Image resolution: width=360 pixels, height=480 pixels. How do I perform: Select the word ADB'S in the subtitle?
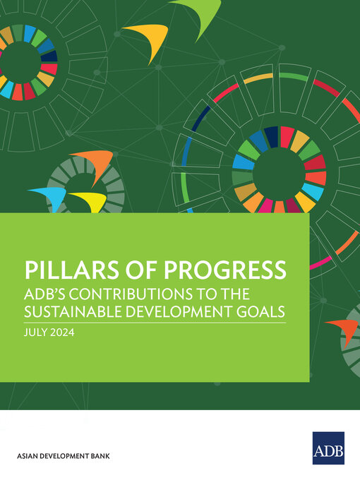47,294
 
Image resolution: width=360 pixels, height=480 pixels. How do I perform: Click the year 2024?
63,331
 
